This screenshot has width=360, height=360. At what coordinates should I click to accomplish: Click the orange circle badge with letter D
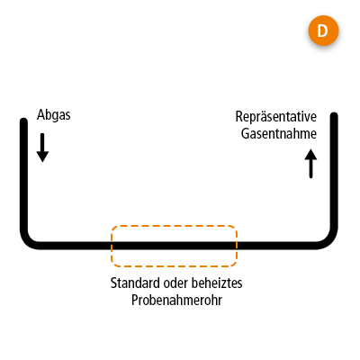pos(323,31)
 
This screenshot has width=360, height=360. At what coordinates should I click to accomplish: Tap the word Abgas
pos(54,115)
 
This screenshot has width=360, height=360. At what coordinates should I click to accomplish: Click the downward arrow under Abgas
pos(42,148)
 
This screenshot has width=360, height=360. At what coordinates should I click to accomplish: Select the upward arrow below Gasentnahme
pos(310,164)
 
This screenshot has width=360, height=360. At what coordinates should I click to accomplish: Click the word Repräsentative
pos(276,117)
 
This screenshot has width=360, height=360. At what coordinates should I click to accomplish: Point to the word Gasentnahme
pos(279,133)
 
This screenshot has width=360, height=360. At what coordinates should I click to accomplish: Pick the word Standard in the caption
pos(135,283)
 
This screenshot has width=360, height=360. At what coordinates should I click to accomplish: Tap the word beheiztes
pos(217,283)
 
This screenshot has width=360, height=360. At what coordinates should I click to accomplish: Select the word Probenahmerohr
pos(176,300)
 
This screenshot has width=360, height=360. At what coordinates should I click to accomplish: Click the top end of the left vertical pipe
pos(24,121)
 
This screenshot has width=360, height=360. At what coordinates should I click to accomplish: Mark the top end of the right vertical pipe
pos(334,115)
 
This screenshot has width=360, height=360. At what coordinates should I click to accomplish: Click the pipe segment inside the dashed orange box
pos(174,246)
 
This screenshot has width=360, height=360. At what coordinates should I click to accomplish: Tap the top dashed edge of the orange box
pos(174,226)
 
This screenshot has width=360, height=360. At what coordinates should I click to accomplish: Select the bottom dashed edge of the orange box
pos(174,265)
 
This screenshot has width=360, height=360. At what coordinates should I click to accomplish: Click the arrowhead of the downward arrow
pos(42,157)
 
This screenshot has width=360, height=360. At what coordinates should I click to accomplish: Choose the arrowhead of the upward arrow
pos(310,155)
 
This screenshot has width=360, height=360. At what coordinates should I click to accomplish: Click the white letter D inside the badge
pos(323,31)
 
